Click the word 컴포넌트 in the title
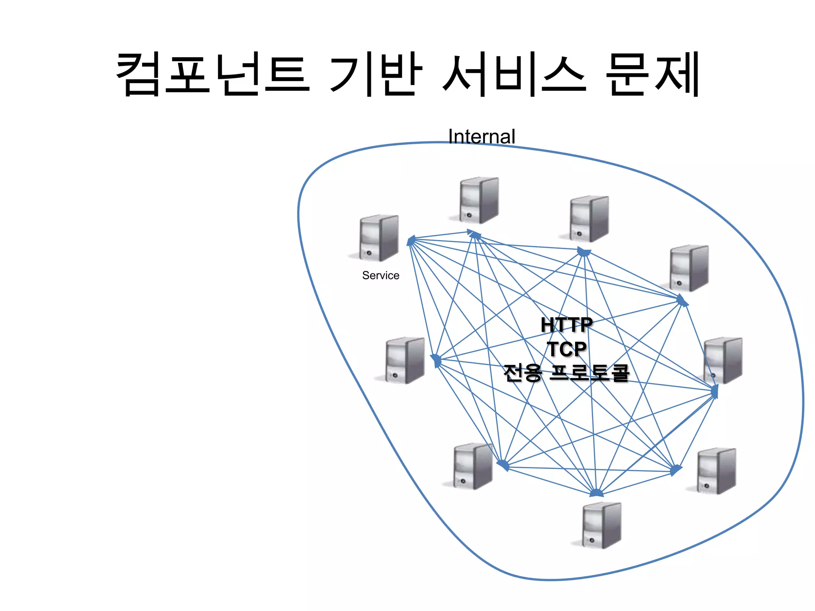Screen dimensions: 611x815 point(213,74)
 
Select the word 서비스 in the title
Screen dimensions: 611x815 point(513,74)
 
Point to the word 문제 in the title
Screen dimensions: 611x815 point(653,74)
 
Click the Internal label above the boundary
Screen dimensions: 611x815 point(482,136)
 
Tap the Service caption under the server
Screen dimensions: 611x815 point(380,275)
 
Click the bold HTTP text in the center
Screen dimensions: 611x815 point(566,325)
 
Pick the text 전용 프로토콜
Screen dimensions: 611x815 point(566,373)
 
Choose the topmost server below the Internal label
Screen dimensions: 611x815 point(479,200)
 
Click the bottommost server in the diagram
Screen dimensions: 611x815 point(601,525)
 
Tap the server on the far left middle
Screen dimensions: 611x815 point(404,360)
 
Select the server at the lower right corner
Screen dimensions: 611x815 point(716,471)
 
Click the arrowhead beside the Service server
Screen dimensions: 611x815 point(411,240)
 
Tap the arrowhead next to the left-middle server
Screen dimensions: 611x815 point(436,360)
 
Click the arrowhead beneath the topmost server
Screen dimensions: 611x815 point(474,234)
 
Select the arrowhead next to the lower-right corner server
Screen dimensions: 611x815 point(675,470)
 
